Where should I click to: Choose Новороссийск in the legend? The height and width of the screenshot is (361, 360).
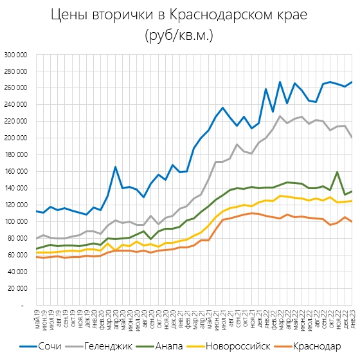[247, 346]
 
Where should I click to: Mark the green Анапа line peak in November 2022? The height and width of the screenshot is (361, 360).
[337, 172]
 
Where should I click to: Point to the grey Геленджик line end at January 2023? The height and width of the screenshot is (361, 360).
[352, 137]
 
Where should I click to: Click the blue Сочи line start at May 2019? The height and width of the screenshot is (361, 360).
[37, 211]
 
